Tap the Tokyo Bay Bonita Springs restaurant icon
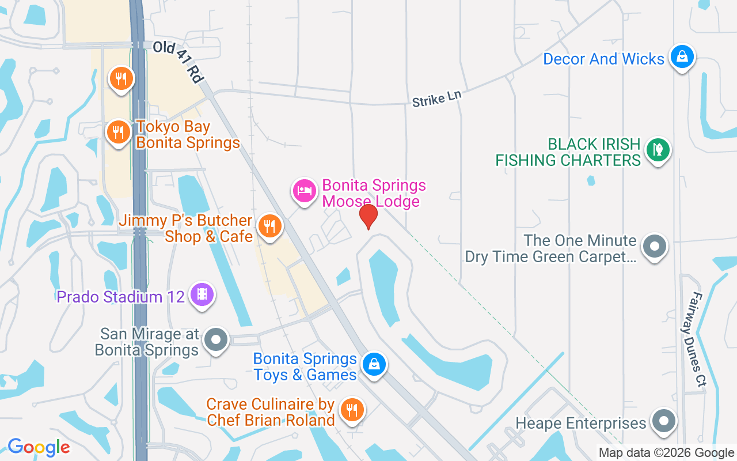(118, 133)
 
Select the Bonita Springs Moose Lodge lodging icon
(304, 190)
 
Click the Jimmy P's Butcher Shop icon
(268, 225)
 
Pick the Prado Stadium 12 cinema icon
(202, 294)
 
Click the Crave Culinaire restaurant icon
(351, 410)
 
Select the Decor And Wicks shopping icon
(682, 56)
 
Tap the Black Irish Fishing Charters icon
(658, 149)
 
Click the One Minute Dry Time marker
(654, 246)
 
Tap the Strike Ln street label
(437, 99)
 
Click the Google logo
(39, 447)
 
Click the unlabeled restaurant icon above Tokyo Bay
(120, 78)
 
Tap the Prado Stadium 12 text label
(121, 297)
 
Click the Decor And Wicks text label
(603, 59)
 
